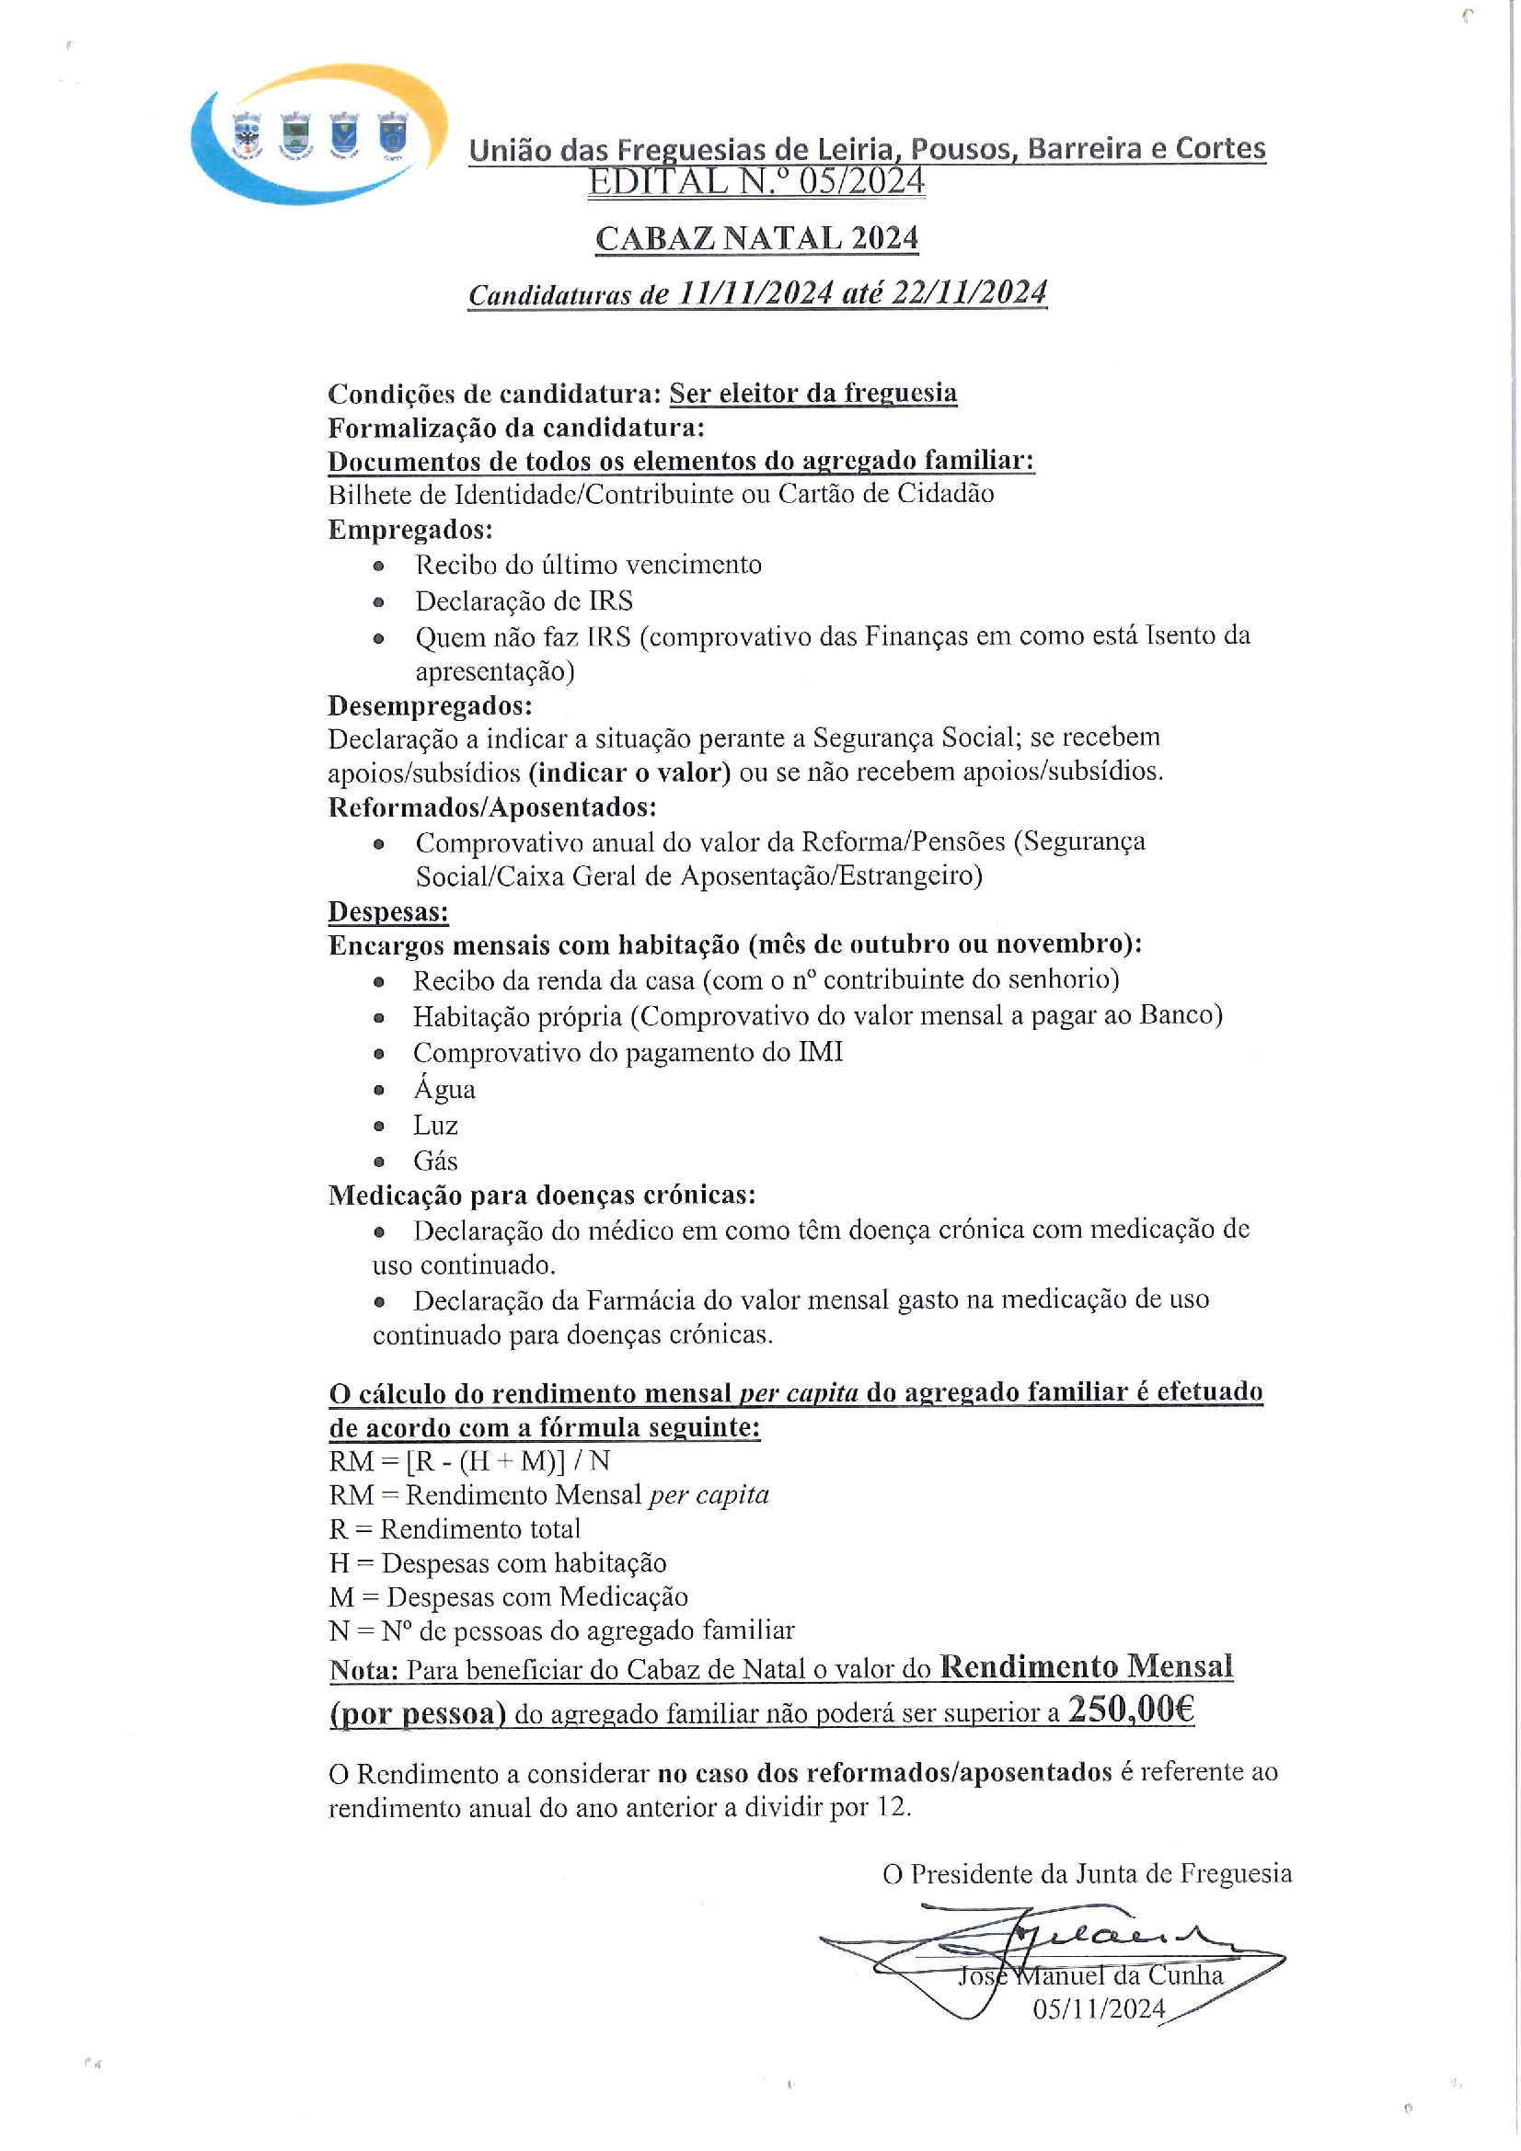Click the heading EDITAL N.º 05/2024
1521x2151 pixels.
click(756, 182)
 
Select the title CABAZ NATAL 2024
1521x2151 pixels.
click(756, 238)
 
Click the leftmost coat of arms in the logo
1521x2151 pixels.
click(247, 134)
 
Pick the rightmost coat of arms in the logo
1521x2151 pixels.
click(392, 133)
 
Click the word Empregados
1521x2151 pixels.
click(409, 530)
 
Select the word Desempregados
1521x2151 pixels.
click(429, 704)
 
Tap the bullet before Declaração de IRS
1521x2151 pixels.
click(378, 602)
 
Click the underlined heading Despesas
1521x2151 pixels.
click(388, 910)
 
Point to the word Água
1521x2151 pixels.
click(444, 1089)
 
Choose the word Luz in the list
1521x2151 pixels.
click(435, 1125)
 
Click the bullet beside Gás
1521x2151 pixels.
click(378, 1161)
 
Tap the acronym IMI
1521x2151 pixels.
click(820, 1052)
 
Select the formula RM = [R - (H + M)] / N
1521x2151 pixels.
click(469, 1460)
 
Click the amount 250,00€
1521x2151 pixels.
click(1130, 1710)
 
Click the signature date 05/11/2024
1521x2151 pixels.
click(1099, 2008)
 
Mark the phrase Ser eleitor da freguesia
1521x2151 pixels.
click(812, 394)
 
